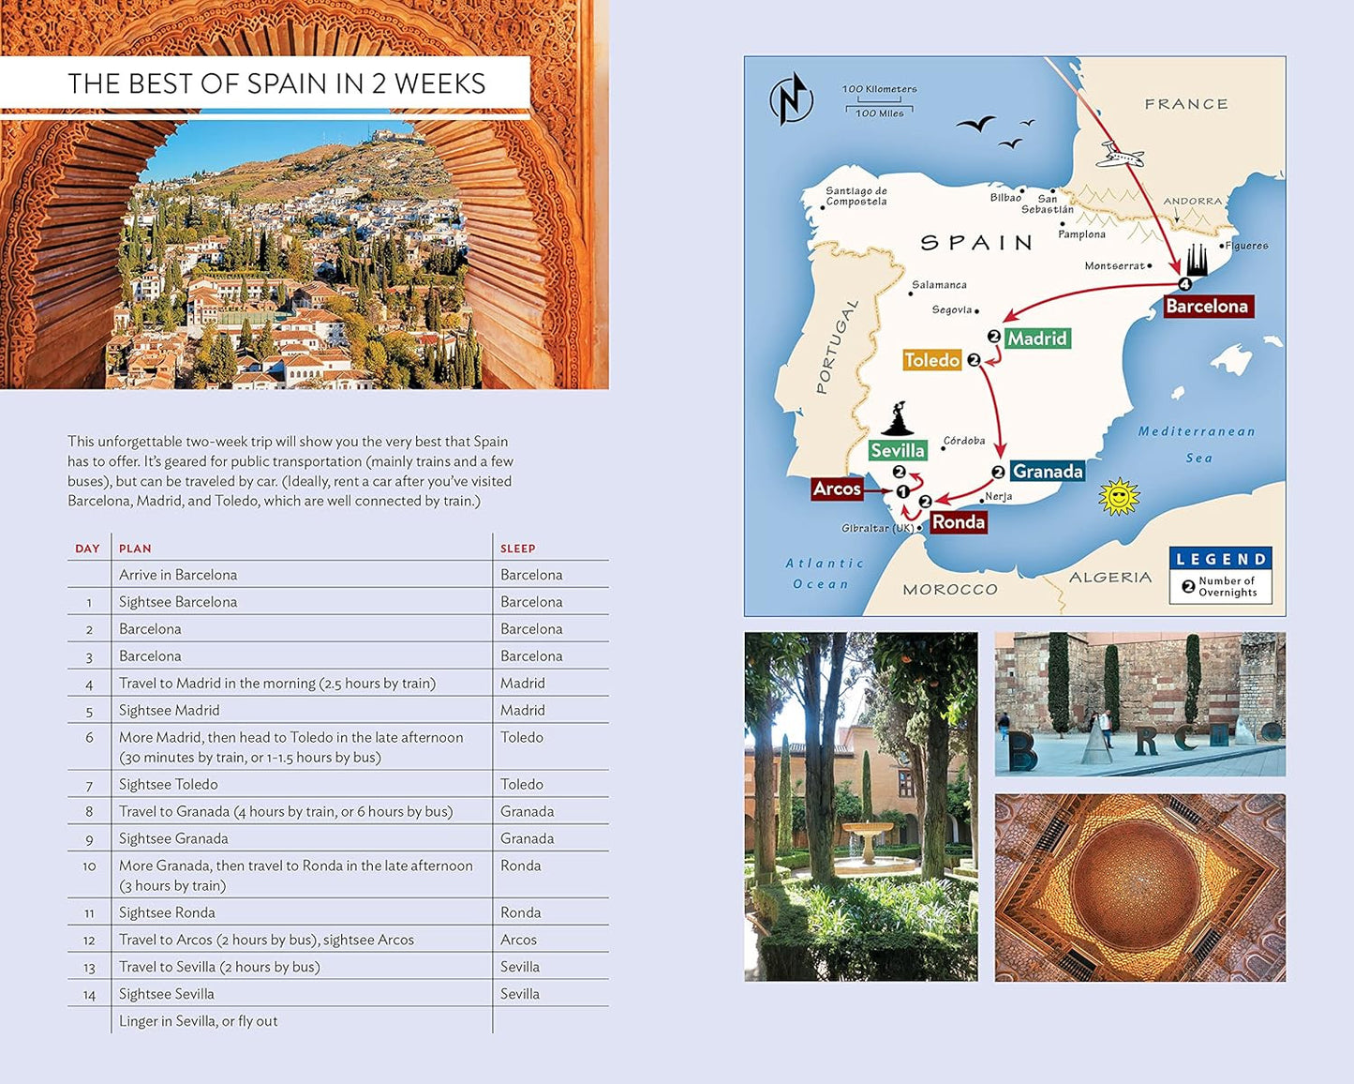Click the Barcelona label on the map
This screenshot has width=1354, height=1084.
coord(1207,307)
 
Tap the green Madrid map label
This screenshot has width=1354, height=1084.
coord(1036,339)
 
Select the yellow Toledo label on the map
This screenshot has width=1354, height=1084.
coord(931,360)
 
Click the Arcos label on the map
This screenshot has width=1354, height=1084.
coord(837,489)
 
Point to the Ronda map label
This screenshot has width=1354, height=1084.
coord(958,522)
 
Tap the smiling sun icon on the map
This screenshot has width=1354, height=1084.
coord(1118,496)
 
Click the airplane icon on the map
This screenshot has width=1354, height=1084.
coord(1120,155)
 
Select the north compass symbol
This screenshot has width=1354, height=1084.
coord(791,98)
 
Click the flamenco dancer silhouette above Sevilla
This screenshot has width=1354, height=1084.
coord(899,420)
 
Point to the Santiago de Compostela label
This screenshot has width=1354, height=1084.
coord(856,196)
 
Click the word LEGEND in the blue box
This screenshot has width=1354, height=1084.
coord(1221,559)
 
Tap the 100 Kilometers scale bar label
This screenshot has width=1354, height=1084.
coord(879,90)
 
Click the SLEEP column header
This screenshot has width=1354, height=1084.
coord(517,549)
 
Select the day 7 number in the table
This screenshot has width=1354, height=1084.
coord(89,785)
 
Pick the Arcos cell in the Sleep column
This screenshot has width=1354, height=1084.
coord(518,940)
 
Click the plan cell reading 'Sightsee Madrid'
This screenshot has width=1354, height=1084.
coord(170,711)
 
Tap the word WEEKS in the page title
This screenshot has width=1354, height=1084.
coord(439,84)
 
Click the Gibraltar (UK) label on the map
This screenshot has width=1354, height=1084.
coord(877,529)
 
